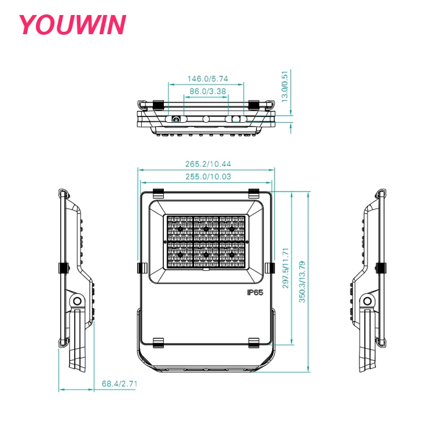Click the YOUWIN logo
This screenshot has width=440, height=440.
click(x=72, y=25)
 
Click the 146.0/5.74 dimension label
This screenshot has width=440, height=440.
click(x=207, y=79)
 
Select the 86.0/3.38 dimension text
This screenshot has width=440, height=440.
click(x=207, y=91)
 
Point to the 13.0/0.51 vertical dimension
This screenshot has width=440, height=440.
click(x=284, y=87)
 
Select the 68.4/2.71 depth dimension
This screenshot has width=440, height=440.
click(x=119, y=383)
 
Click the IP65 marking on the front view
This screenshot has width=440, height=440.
click(x=255, y=292)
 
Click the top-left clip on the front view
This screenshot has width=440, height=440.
click(x=158, y=192)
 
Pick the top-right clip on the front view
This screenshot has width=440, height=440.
click(x=254, y=192)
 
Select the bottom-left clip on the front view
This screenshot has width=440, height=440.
click(x=158, y=343)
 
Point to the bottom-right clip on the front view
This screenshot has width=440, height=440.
click(x=254, y=343)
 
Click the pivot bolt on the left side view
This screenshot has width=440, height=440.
click(x=75, y=300)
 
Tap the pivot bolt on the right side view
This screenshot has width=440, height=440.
click(x=366, y=300)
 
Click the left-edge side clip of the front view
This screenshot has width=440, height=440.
click(x=141, y=267)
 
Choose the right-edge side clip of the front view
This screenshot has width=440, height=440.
click(x=270, y=267)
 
